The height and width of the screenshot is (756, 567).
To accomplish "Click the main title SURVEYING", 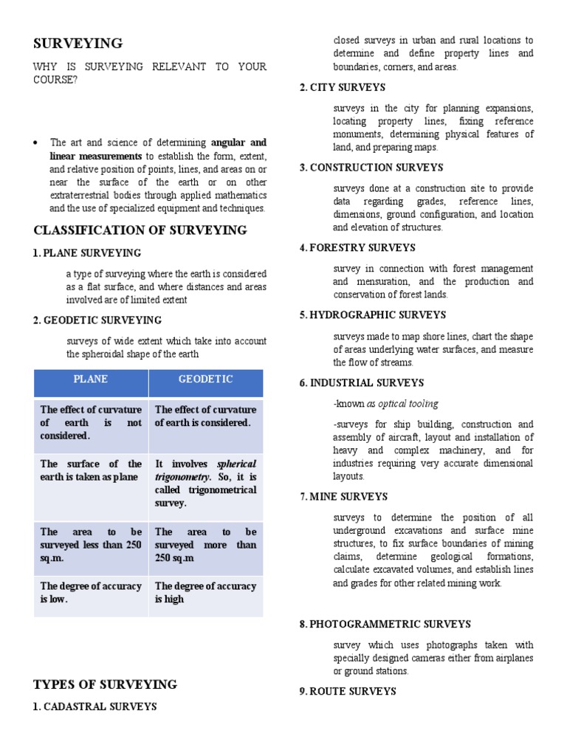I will (78, 43).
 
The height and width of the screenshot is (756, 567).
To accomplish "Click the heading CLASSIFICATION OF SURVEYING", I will (140, 230).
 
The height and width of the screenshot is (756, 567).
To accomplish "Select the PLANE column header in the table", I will (90, 379).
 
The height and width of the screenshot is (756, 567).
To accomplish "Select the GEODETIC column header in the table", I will (206, 379).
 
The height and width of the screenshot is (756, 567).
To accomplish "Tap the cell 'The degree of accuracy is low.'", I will (91, 593).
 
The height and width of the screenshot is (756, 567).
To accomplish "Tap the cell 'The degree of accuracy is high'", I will (205, 593).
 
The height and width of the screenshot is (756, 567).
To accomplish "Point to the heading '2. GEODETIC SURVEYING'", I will (97, 320).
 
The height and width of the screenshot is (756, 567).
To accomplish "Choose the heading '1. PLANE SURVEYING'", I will (87, 253).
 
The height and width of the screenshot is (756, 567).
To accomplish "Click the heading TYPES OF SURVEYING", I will (106, 684).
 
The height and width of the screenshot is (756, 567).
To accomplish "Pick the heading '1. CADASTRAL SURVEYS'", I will (95, 707).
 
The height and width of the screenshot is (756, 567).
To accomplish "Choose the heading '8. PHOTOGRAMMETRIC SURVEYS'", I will (385, 624).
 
